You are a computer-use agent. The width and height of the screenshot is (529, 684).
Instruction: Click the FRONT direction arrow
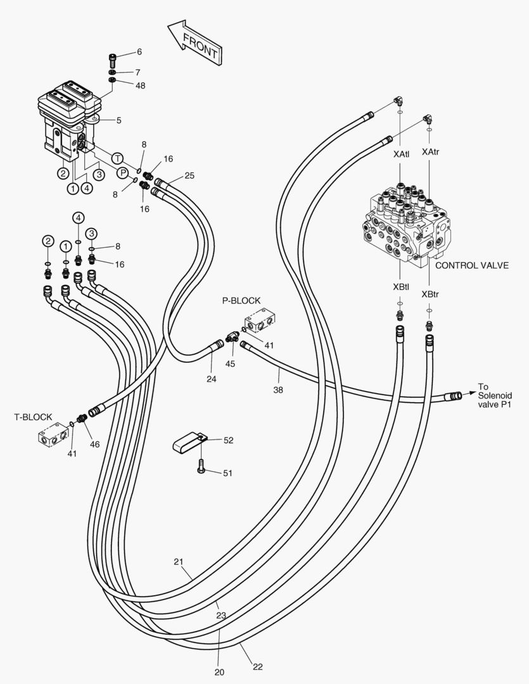(x=194, y=44)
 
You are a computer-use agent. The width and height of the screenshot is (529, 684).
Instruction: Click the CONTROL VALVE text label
(x=471, y=265)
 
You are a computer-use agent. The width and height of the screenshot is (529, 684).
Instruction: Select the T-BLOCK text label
(x=33, y=417)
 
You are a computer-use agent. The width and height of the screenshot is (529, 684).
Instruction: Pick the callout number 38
(x=278, y=390)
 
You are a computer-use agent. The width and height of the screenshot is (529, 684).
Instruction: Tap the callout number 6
(x=139, y=52)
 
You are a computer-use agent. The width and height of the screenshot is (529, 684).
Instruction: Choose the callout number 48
(x=140, y=85)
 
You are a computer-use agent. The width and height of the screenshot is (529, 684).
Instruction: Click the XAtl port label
(x=401, y=154)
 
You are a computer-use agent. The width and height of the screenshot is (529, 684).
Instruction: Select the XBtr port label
(x=430, y=295)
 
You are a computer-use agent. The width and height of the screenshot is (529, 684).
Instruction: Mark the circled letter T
(x=117, y=157)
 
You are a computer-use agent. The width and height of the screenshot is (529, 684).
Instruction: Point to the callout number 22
(x=257, y=666)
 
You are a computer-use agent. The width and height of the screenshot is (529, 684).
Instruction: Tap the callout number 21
(x=179, y=561)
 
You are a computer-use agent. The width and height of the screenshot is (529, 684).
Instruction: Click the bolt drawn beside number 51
(x=201, y=466)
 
